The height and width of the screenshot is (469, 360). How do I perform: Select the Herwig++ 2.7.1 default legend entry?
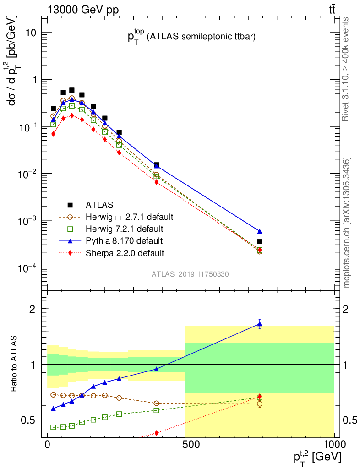click(129, 217)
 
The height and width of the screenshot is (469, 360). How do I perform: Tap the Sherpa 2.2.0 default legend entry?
click(125, 252)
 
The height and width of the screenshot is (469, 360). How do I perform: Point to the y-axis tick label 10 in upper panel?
click(30, 33)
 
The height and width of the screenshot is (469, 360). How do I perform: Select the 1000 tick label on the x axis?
click(333, 445)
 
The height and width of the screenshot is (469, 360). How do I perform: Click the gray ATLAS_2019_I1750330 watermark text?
click(191, 274)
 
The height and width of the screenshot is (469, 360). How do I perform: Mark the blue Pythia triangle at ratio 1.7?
click(260, 324)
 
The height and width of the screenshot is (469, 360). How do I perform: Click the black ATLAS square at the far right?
click(260, 241)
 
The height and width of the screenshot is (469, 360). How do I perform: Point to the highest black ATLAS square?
click(72, 90)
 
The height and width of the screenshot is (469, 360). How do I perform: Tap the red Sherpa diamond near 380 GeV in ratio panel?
click(157, 433)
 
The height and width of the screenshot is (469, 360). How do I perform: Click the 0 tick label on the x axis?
click(48, 445)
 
